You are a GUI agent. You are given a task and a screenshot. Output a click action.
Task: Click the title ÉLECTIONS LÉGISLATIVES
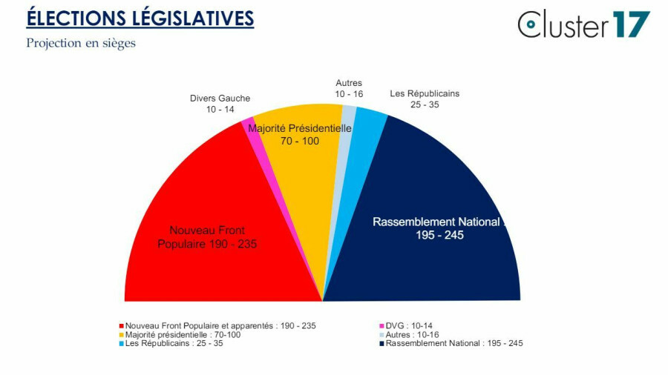[x=140, y=19]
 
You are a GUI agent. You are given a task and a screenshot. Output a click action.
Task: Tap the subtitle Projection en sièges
[x=81, y=43]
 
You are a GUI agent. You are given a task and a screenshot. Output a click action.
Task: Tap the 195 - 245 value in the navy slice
[x=441, y=235]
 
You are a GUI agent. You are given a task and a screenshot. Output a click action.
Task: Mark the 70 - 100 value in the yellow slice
[x=299, y=140]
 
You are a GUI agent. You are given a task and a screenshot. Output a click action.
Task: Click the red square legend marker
[x=121, y=325]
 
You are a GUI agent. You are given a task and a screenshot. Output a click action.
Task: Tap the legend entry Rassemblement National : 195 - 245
[x=454, y=343]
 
